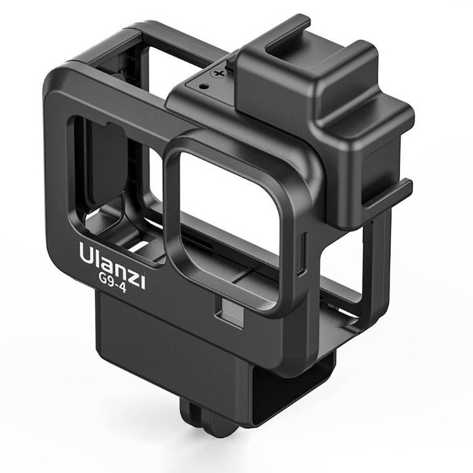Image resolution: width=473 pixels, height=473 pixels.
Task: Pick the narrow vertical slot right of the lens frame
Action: click(x=302, y=254)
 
